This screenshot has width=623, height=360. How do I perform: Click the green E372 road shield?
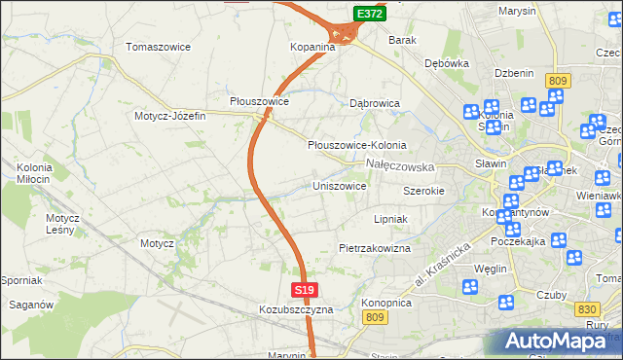click(369, 14)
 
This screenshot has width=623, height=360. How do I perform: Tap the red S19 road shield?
click(305, 290)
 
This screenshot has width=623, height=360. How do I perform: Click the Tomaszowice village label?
click(159, 47)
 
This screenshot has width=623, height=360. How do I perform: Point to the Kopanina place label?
click(312, 47)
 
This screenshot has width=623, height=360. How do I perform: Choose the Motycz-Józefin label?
click(170, 116)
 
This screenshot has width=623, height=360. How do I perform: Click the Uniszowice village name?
click(339, 185)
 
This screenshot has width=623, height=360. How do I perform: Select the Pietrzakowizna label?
click(375, 248)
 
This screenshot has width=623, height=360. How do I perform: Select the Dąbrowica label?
click(375, 101)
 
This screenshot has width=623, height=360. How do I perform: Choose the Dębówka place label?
click(447, 62)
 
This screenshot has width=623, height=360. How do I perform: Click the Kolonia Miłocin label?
click(34, 173)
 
